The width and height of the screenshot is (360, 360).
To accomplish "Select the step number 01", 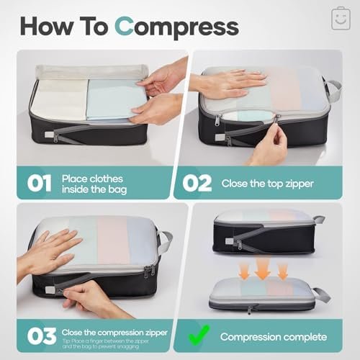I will coord(35,182).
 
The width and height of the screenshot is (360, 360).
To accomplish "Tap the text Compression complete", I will coord(273,336).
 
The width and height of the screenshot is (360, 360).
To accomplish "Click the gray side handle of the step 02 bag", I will coord(333,90).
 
